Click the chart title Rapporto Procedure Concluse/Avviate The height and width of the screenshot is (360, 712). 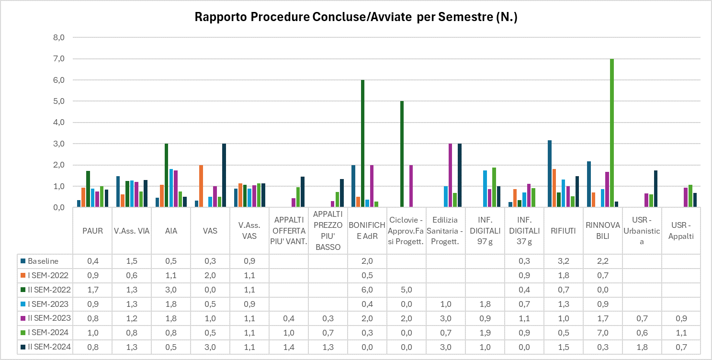pyautogui.click(x=356, y=18)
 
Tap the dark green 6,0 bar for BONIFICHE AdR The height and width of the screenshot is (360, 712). pyautogui.click(x=362, y=144)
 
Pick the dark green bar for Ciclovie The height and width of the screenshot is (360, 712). pyautogui.click(x=402, y=154)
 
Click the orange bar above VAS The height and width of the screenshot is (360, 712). pyautogui.click(x=201, y=186)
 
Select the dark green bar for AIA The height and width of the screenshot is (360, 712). pyautogui.click(x=166, y=175)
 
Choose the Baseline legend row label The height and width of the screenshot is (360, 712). pyautogui.click(x=43, y=261)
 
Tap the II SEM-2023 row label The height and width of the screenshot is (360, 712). pyautogui.click(x=49, y=318)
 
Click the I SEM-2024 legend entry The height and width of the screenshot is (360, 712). pyautogui.click(x=47, y=333)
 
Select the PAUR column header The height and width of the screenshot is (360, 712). pyautogui.click(x=92, y=231)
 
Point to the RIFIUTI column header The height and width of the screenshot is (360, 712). pyautogui.click(x=563, y=231)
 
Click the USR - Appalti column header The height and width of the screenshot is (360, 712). pyautogui.click(x=681, y=231)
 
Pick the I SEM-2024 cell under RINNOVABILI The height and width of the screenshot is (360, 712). pyautogui.click(x=602, y=333)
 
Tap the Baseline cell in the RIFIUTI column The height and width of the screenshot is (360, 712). pyautogui.click(x=563, y=261)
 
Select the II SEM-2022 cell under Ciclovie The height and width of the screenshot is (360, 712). pyautogui.click(x=406, y=290)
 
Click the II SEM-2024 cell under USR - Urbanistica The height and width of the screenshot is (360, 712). pyautogui.click(x=642, y=347)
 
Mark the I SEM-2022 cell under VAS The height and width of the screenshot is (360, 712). pyautogui.click(x=210, y=275)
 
